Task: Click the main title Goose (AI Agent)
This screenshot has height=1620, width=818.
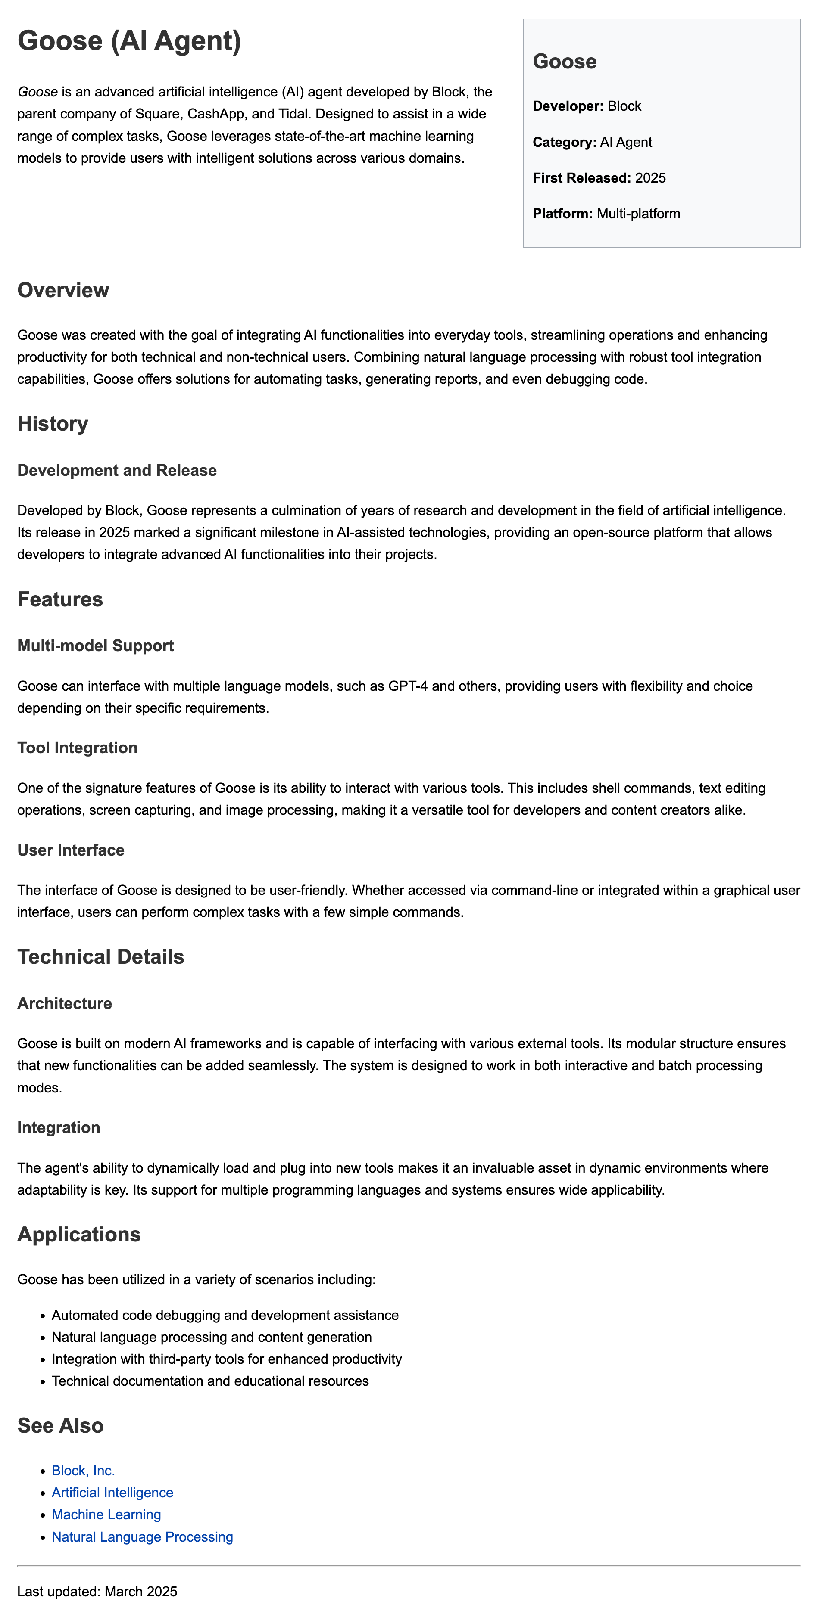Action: tap(129, 41)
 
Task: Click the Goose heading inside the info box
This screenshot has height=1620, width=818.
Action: tap(565, 62)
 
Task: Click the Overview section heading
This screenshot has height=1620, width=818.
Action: tap(63, 290)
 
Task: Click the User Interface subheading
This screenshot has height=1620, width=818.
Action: tap(71, 850)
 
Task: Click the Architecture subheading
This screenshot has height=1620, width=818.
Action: tap(64, 1003)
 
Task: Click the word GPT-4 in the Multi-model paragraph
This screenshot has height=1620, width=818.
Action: tap(408, 686)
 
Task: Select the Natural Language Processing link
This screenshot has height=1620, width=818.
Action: tap(142, 1537)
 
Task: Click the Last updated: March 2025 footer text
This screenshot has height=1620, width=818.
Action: tap(97, 1592)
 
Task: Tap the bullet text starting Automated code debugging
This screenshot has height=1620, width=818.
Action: tap(225, 1316)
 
